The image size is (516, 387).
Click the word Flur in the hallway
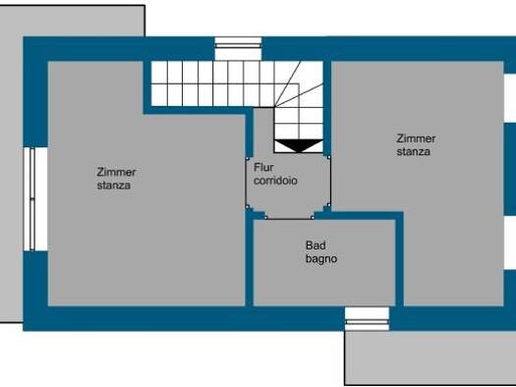coord(263,167)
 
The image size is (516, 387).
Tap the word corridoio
coord(275,181)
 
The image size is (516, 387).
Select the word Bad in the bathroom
coord(315,246)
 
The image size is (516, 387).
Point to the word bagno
coord(321,259)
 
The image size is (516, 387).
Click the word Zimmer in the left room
coord(116,172)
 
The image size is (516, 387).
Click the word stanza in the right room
coord(414,151)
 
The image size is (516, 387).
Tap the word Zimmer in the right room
coord(416,138)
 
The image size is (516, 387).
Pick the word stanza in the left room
coord(114,186)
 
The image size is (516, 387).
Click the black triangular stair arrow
coord(299,145)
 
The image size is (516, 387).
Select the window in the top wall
coord(238,49)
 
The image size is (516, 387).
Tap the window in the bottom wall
coord(367,319)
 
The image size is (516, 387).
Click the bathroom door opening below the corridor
coord(289,218)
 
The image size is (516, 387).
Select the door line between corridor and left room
coord(247,183)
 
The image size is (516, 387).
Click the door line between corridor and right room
coord(329,182)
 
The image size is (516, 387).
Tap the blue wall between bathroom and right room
coord(399,258)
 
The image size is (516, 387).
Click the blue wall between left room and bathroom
coord(249,258)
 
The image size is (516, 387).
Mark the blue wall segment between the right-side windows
coord(510,169)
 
